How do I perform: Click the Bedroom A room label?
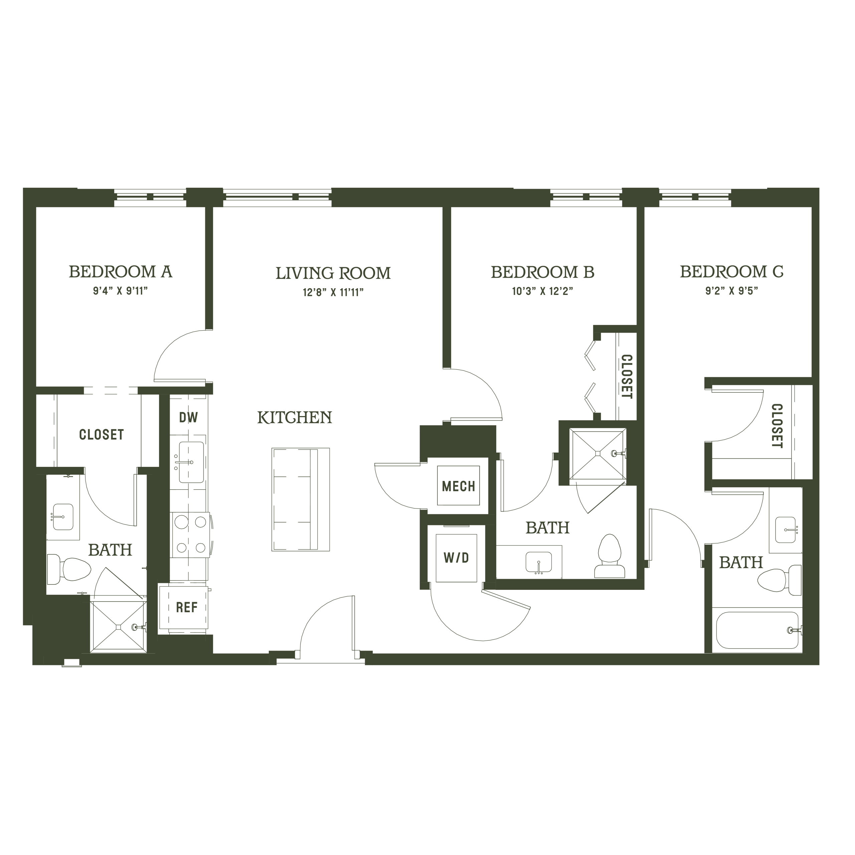pos(120,272)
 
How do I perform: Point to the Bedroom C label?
pos(731,272)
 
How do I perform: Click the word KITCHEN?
pos(295,417)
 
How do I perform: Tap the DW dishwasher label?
pos(188,417)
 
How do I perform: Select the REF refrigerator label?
pos(186,608)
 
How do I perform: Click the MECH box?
pos(459,486)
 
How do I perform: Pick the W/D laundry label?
pos(456,558)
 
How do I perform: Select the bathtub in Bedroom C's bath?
pos(757,631)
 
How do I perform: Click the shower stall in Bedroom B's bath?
pos(597,454)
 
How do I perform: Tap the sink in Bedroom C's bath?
pos(786,530)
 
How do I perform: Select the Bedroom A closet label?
pos(101,435)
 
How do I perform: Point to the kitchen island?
pos(301,500)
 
